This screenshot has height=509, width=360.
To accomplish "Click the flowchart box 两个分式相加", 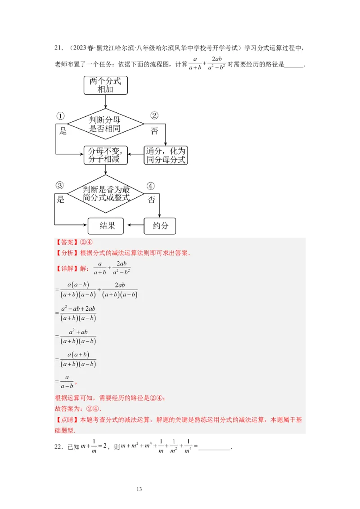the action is (x=106, y=85).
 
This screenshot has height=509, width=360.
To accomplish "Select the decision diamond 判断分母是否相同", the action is (x=106, y=124).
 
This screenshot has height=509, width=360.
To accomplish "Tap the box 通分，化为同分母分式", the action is (x=166, y=156).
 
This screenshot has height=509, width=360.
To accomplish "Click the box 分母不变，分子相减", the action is (x=106, y=156).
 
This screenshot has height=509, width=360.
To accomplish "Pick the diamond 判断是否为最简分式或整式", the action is (x=106, y=194).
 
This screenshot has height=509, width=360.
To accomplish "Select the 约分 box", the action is (x=160, y=226).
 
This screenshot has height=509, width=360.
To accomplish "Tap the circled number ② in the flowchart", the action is (x=154, y=116).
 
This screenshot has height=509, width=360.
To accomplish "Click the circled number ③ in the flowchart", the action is (x=59, y=185).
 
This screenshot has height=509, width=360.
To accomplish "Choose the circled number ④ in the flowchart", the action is (x=150, y=186).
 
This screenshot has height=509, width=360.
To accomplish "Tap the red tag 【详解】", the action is (x=66, y=268).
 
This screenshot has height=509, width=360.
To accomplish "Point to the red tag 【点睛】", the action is (x=66, y=420).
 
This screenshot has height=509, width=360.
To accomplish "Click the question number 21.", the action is (x=58, y=48).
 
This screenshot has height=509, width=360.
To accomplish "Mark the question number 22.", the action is (x=58, y=447).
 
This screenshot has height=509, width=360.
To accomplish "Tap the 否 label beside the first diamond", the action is (x=154, y=131).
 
